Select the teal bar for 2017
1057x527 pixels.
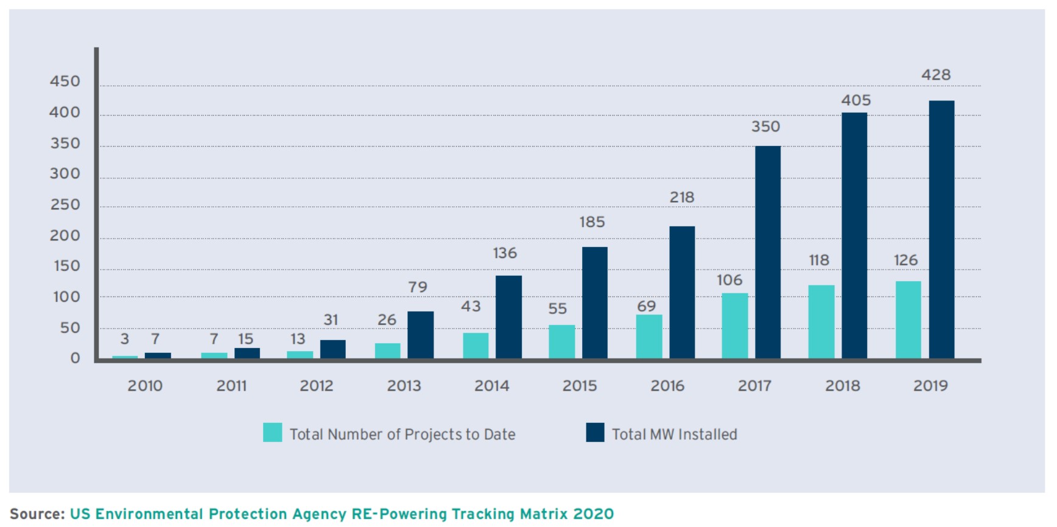click(x=735, y=326)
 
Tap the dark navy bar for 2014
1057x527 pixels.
click(x=508, y=317)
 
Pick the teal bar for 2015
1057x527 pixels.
click(x=561, y=342)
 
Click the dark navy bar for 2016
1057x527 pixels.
click(x=682, y=293)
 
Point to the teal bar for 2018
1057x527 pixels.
click(x=821, y=322)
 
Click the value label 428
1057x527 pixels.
click(x=936, y=75)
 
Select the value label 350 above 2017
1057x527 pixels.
click(x=765, y=127)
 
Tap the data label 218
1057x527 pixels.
click(x=682, y=197)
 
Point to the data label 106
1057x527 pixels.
click(x=729, y=280)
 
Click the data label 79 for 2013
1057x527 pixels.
click(x=418, y=287)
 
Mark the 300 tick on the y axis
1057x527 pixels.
click(x=65, y=174)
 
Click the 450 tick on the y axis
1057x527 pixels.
click(x=65, y=82)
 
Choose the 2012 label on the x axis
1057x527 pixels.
click(x=317, y=386)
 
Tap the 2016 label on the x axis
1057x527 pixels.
click(x=667, y=386)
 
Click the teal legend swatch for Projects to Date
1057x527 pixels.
click(x=272, y=433)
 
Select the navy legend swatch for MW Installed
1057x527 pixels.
click(x=595, y=433)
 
